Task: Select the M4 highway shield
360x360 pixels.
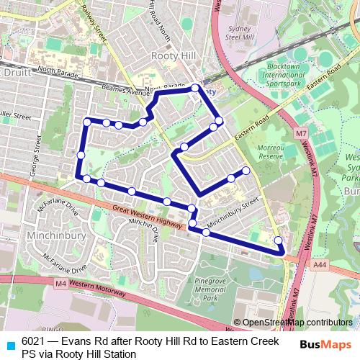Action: pyautogui.click(x=60, y=284)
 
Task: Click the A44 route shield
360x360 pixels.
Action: pyautogui.click(x=319, y=265)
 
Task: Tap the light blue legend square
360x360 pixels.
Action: pyautogui.click(x=9, y=341)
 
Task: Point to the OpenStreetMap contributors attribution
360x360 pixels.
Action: pyautogui.click(x=292, y=323)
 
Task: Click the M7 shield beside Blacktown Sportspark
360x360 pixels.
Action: pyautogui.click(x=302, y=133)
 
